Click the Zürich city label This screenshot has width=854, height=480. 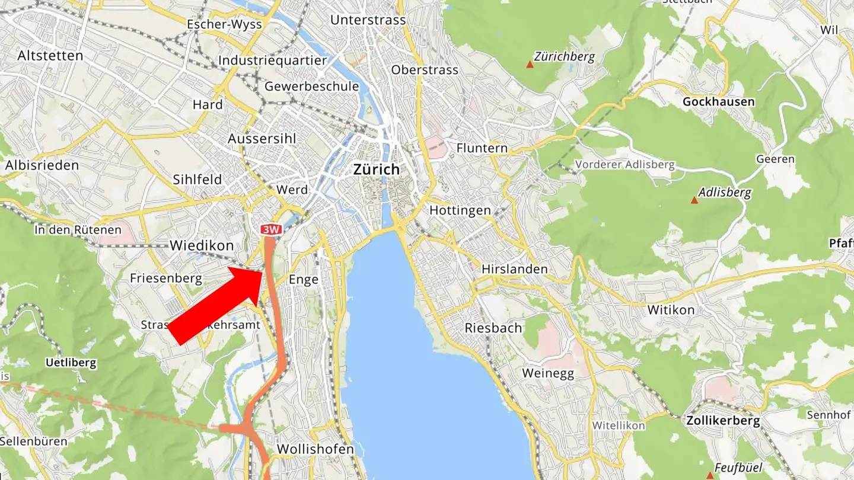(376, 169)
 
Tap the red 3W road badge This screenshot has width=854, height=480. (270, 229)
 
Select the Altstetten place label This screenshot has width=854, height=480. (50, 56)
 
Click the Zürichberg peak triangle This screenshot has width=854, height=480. (530, 63)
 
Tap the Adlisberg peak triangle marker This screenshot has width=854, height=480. (694, 200)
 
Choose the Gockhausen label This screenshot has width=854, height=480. (718, 101)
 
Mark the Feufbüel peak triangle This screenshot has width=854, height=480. (709, 475)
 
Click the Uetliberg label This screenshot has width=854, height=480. (71, 363)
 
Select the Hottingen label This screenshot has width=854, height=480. (460, 210)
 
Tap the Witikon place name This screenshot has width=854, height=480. (671, 309)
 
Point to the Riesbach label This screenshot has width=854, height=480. (493, 328)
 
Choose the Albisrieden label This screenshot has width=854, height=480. (42, 165)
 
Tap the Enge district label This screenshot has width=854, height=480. (303, 280)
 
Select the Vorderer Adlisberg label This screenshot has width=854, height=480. (625, 165)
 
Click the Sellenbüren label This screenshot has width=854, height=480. (33, 441)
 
